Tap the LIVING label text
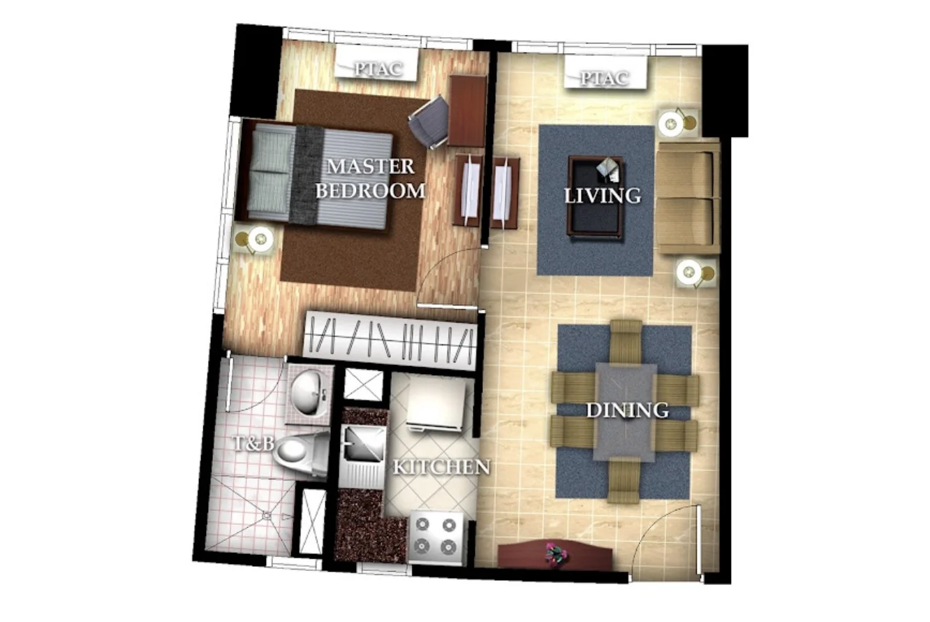pyautogui.click(x=602, y=196)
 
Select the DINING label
pyautogui.click(x=626, y=410)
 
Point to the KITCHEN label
pyautogui.click(x=441, y=467)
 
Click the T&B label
pyautogui.click(x=253, y=442)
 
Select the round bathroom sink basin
pyautogui.click(x=307, y=393)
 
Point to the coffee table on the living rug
pyautogui.click(x=596, y=196)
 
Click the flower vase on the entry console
pyautogui.click(x=556, y=553)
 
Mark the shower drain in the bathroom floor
pyautogui.click(x=266, y=516)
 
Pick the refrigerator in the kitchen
pyautogui.click(x=436, y=403)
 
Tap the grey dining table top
pyautogui.click(x=625, y=412)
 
